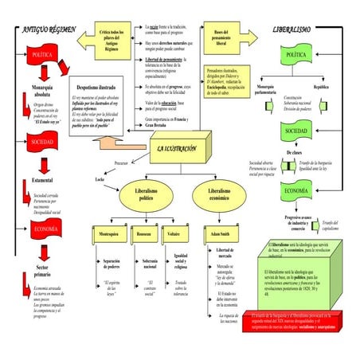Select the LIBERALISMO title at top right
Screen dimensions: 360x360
point(291,29)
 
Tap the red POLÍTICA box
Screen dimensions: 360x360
point(41,57)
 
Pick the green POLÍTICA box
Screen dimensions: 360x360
point(295,55)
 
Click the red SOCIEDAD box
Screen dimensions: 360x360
point(41,142)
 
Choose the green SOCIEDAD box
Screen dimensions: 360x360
point(295,131)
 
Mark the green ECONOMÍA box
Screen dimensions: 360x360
point(295,191)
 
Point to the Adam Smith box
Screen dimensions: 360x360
point(220,235)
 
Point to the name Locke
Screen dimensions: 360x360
point(100,180)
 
